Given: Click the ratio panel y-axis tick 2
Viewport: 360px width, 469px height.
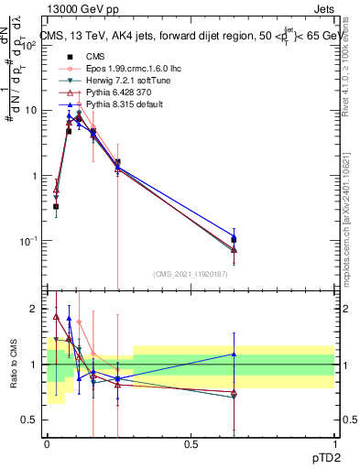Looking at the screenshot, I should tap(35, 310).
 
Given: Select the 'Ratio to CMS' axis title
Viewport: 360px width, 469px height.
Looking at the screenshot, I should tap(14, 365).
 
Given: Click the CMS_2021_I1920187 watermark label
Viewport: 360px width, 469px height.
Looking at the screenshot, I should tap(189, 272).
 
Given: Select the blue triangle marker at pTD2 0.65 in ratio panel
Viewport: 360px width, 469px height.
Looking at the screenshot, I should tap(234, 354).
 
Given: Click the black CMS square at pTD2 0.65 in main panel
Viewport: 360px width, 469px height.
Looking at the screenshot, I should tap(234, 239).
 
